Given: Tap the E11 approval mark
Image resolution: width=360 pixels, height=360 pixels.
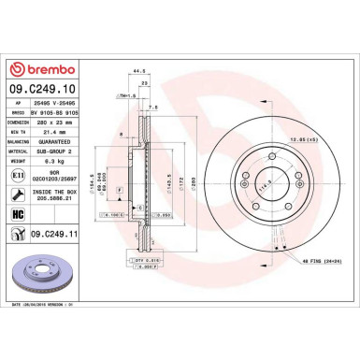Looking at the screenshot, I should tap(17, 175).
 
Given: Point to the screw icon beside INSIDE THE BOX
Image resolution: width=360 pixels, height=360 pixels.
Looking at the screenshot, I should tap(17, 195).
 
